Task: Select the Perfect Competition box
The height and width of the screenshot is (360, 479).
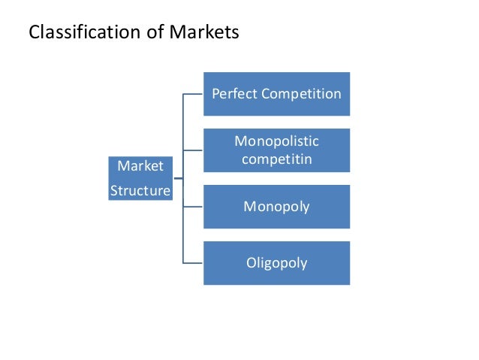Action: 276,94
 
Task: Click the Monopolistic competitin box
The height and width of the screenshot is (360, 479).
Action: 276,150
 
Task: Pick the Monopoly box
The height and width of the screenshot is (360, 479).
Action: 276,206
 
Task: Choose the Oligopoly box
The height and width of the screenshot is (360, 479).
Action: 276,263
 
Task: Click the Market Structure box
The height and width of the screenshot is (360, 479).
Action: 140,178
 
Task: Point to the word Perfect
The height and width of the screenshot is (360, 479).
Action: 234,94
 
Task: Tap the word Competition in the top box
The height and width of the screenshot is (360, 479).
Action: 301,94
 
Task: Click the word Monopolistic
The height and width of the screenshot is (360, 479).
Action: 276,141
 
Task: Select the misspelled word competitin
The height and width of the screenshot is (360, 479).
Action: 276,159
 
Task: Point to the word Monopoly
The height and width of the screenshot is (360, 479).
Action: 276,206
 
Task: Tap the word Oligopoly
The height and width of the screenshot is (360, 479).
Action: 276,263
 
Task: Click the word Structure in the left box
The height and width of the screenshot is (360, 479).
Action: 140,191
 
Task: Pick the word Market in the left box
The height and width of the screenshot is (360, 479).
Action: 140,165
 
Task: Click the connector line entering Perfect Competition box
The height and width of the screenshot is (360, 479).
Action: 193,95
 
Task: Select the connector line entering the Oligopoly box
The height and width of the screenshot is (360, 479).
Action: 193,262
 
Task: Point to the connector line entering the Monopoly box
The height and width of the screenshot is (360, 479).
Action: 193,207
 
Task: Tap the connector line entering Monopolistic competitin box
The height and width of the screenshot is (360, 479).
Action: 193,150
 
